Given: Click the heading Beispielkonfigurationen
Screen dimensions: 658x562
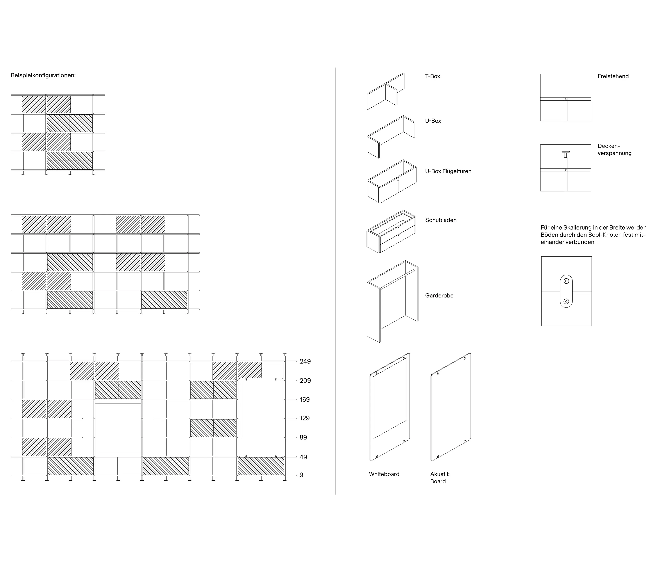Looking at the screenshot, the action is [43, 76].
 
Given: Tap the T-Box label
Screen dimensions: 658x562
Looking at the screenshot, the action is [433, 76].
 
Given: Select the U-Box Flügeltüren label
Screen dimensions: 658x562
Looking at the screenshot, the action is [448, 171].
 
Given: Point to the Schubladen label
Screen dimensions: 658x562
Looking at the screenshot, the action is [441, 220].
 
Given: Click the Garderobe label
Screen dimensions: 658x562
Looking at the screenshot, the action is [439, 295].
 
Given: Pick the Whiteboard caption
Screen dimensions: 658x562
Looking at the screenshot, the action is [384, 474].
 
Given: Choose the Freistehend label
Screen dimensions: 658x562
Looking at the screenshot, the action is [613, 76].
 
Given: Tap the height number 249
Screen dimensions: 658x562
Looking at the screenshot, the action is [305, 361].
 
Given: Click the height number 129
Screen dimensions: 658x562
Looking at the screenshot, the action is [305, 418].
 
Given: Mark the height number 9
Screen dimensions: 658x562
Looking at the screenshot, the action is [301, 475].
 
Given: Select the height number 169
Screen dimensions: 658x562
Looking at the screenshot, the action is [305, 400].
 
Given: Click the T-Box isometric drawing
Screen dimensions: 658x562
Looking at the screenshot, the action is [386, 91].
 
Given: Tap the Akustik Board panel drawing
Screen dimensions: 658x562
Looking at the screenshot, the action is [451, 407].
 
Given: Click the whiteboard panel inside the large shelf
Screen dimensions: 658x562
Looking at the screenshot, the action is [261, 417].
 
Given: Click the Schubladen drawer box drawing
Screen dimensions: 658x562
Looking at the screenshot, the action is [391, 231].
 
